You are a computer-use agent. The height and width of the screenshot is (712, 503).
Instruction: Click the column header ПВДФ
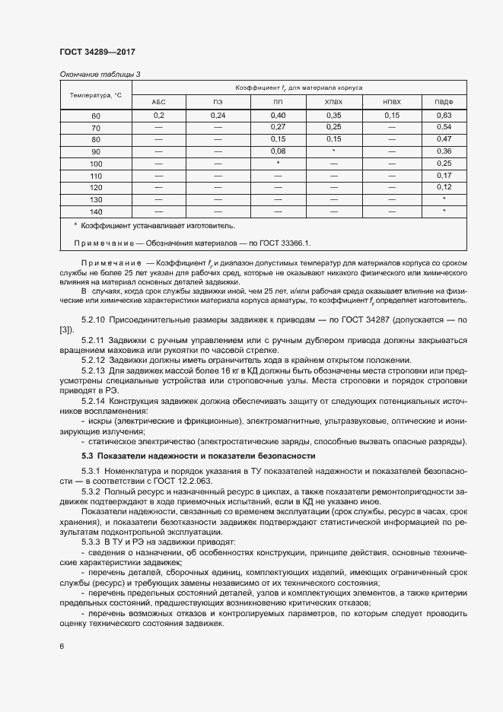click(x=444, y=101)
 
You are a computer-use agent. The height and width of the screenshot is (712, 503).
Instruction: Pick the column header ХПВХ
click(x=333, y=101)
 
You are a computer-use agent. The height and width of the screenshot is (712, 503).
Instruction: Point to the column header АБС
click(x=158, y=101)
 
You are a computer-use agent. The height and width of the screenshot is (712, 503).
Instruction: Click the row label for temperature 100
click(x=95, y=164)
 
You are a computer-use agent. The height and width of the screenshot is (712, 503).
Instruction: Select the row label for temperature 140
click(x=95, y=211)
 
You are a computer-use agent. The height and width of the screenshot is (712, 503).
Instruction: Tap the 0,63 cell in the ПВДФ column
click(x=444, y=115)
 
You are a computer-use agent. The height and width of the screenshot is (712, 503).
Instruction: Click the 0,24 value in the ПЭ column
click(x=218, y=115)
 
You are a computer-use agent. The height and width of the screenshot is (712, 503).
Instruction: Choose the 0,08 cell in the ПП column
click(x=278, y=151)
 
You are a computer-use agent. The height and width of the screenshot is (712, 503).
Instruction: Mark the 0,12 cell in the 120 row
click(x=444, y=187)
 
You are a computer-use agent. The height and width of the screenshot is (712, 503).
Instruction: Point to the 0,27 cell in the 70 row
click(x=278, y=127)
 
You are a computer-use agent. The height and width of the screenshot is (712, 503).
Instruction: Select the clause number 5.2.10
click(x=94, y=321)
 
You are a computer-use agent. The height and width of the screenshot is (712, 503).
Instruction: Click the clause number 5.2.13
click(x=94, y=370)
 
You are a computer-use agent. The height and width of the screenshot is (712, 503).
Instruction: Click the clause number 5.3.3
click(x=92, y=542)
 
